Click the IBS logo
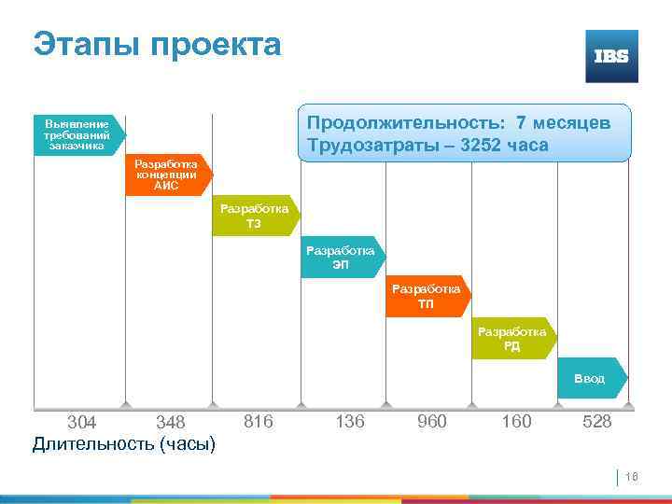tap(611, 56)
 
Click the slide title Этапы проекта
tap(157, 44)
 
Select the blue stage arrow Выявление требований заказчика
tap(77, 134)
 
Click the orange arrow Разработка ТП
tap(427, 297)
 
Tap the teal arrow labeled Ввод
tap(590, 379)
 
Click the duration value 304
tap(83, 423)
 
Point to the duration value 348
tap(171, 423)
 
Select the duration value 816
tap(258, 422)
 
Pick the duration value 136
tap(349, 422)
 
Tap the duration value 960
tap(431, 422)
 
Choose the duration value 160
tap(516, 422)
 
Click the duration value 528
tap(596, 422)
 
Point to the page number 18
tap(630, 476)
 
